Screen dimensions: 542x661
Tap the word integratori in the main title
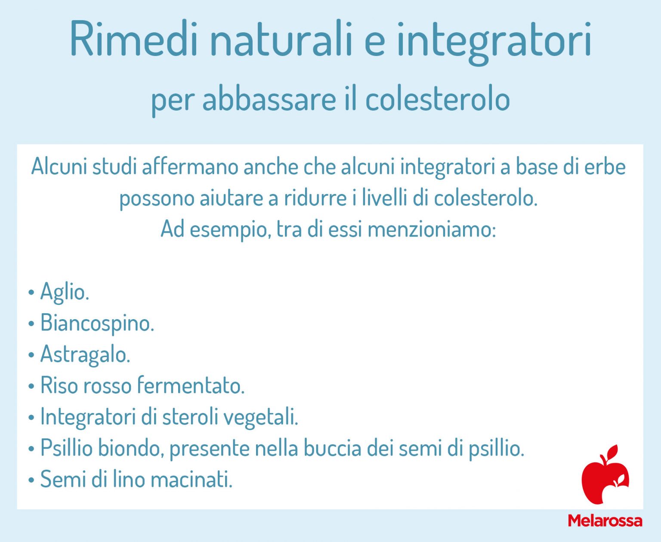pyautogui.click(x=494, y=41)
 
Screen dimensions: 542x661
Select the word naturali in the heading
pyautogui.click(x=281, y=40)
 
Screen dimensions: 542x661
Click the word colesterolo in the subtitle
pyautogui.click(x=437, y=99)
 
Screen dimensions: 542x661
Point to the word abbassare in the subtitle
pyautogui.click(x=269, y=99)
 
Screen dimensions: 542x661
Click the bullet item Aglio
pyautogui.click(x=64, y=292)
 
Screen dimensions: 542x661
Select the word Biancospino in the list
pyautogui.click(x=97, y=323)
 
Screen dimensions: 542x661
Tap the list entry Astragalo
pyautogui.click(x=85, y=354)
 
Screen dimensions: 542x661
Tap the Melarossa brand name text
pyautogui.click(x=605, y=520)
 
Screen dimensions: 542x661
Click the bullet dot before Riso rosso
pyautogui.click(x=31, y=386)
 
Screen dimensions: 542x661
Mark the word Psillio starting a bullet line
pyautogui.click(x=66, y=448)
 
